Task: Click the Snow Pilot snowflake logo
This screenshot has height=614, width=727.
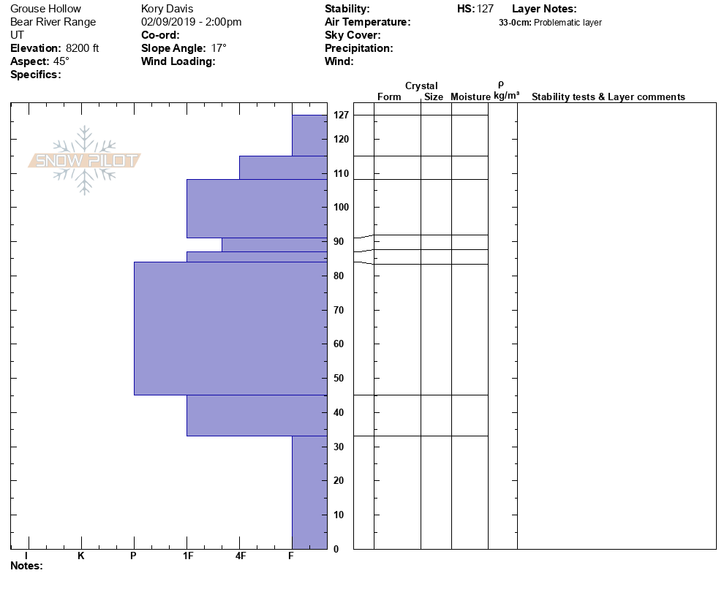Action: [x=85, y=160]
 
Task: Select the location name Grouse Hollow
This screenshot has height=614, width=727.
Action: [x=46, y=9]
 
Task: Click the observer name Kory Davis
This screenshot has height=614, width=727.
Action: [x=167, y=9]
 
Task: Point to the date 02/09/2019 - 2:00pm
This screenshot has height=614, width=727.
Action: [x=191, y=22]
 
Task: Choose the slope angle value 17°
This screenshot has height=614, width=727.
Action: [x=219, y=48]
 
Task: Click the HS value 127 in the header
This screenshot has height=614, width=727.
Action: [x=485, y=9]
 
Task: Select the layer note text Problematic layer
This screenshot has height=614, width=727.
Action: [x=568, y=23]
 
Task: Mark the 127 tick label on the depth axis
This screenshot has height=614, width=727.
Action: [x=341, y=115]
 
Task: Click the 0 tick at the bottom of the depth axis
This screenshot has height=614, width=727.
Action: [x=336, y=549]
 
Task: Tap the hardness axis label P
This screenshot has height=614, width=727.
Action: [x=133, y=556]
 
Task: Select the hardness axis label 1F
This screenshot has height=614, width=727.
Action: [x=187, y=556]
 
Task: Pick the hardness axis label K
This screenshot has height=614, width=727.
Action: [x=80, y=556]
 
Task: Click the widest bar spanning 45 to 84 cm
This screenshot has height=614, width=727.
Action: [x=230, y=328]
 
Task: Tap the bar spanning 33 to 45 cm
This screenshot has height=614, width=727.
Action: [x=257, y=415]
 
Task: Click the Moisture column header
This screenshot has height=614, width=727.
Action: [x=470, y=97]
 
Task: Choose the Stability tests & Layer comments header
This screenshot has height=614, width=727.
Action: [x=608, y=97]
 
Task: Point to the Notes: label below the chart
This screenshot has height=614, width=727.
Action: [x=26, y=566]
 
